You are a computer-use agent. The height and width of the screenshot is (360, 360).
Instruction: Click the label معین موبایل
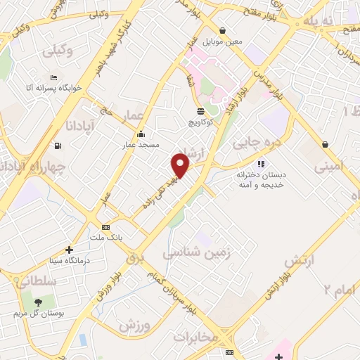click(x=223, y=41)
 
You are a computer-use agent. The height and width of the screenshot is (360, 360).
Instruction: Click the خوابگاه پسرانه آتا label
click(x=54, y=88)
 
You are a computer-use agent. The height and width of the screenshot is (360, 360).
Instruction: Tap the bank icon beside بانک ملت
click(x=106, y=227)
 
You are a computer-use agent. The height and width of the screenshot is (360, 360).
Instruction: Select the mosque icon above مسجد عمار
click(x=141, y=134)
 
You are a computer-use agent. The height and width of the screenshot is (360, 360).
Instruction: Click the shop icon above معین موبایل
click(x=222, y=31)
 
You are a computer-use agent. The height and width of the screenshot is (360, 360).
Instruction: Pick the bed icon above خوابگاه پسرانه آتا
click(x=53, y=77)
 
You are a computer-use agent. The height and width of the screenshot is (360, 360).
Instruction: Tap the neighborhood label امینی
click(x=330, y=167)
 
